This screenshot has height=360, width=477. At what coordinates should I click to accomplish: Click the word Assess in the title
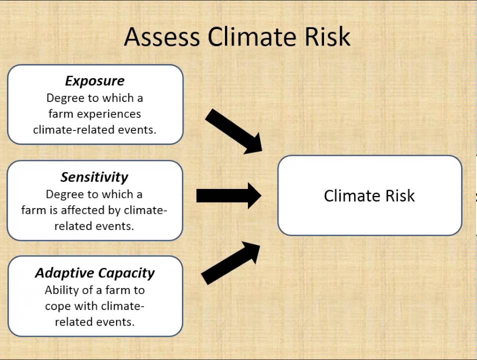coord(162,36)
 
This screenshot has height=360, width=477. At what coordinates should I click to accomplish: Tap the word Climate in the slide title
coord(252,36)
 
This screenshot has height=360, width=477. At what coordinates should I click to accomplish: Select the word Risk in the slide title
coord(327,36)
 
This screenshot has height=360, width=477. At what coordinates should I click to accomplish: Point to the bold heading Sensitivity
coord(94,177)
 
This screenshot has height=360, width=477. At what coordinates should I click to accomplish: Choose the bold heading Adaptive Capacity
coord(94,273)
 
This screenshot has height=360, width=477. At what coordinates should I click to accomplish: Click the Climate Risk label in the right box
coord(369,195)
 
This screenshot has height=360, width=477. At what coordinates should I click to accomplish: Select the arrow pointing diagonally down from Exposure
coord(233,131)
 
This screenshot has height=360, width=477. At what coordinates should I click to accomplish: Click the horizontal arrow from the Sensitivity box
coord(229,195)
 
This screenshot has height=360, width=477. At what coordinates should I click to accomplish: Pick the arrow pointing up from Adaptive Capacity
coord(230,263)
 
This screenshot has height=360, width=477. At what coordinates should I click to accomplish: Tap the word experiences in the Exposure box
coord(109,114)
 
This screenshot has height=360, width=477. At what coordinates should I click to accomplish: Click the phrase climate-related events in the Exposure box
coord(94,130)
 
